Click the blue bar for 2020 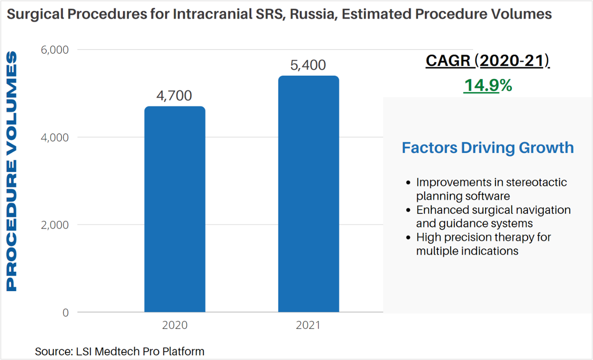(175, 209)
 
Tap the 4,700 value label (174, 96)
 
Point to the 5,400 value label (308, 65)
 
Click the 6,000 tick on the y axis (54, 50)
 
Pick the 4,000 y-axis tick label (54, 138)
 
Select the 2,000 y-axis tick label (54, 225)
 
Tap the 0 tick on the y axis (65, 313)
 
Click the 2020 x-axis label (175, 325)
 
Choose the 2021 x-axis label (308, 325)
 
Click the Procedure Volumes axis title (12, 171)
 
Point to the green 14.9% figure (487, 86)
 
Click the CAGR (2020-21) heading (487, 61)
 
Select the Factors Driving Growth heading (487, 148)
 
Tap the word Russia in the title (314, 14)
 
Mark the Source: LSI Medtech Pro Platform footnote (119, 352)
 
